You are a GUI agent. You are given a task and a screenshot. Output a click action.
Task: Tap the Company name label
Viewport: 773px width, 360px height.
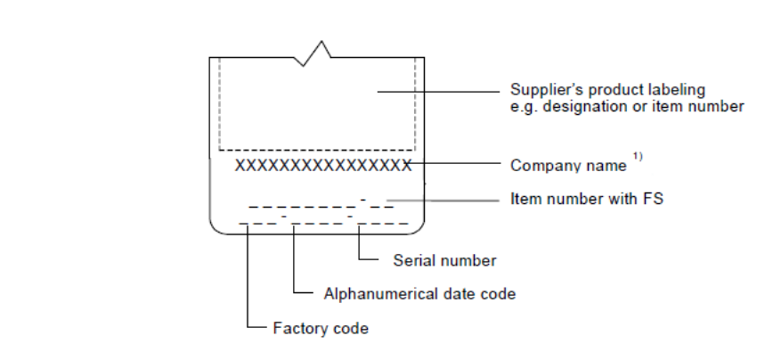point(568,166)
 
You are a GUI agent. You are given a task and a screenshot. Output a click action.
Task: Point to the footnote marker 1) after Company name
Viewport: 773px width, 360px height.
point(638,158)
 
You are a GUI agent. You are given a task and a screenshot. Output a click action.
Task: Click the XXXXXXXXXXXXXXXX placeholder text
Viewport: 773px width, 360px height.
point(322,166)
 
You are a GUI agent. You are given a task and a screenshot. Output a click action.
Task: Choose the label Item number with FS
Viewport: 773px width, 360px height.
point(586,200)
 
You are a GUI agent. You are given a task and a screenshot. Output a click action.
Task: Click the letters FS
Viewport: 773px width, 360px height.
point(653,200)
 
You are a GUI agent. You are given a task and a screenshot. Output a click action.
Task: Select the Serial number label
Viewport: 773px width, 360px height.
point(444,261)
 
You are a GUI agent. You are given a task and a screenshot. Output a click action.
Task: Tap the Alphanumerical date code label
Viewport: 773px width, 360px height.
point(419,293)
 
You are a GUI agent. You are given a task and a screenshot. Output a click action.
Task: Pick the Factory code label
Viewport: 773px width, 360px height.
point(320,329)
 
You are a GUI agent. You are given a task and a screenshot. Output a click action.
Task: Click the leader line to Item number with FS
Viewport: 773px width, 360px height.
point(445,200)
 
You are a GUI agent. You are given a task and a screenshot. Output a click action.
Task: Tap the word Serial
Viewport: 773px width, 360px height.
point(411,261)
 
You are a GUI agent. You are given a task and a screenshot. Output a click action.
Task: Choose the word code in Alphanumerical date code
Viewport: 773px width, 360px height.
point(500,293)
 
